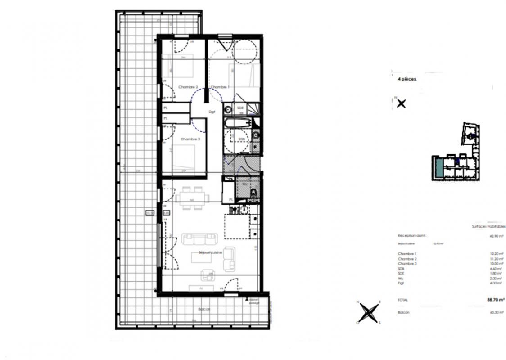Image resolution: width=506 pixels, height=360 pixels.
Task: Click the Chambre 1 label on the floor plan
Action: point(220,87)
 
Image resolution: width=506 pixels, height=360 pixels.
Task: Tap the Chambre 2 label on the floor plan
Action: point(188,87)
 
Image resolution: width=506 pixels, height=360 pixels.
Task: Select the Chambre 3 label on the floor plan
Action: point(190,139)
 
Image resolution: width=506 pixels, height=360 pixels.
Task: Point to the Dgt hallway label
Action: point(212,112)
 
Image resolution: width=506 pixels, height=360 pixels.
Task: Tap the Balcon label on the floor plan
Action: point(204,310)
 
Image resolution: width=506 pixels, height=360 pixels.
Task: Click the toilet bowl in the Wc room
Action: point(253,193)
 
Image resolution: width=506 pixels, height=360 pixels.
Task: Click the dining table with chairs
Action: point(192,198)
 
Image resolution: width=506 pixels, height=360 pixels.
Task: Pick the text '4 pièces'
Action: point(407,79)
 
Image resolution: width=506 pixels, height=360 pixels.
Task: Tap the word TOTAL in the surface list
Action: point(403,299)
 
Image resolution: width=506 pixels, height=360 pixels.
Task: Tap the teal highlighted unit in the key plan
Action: point(438,167)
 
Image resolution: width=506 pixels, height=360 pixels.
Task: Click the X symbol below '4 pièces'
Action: point(401,103)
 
